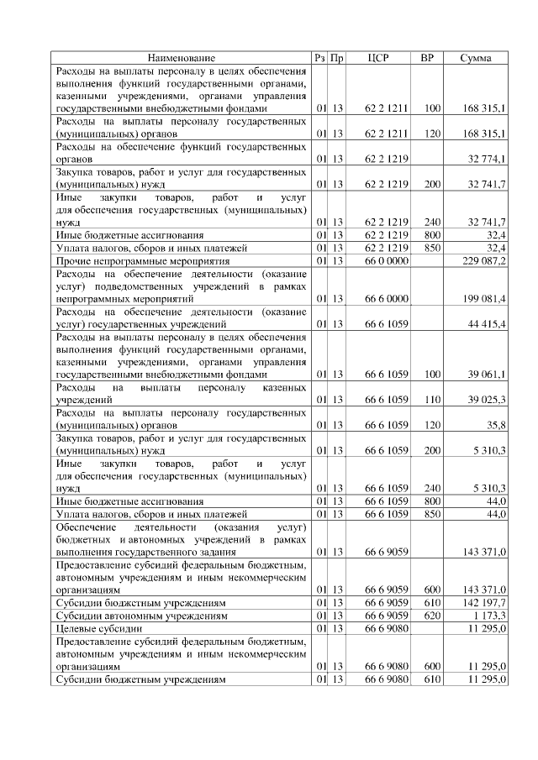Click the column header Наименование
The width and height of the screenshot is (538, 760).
pyautogui.click(x=181, y=58)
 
